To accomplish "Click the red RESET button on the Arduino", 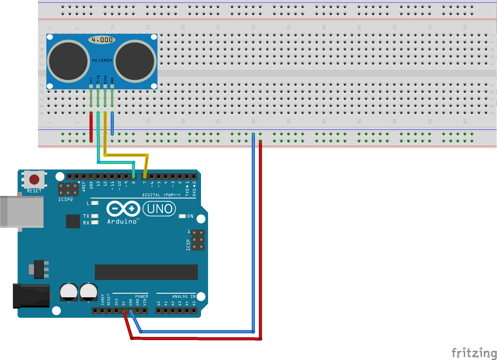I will click(x=34, y=179).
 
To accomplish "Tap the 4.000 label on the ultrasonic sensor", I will click(x=102, y=40).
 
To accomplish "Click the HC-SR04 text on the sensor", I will click(x=102, y=60).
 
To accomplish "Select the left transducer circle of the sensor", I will click(x=68, y=61).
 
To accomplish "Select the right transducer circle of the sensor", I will click(x=135, y=61).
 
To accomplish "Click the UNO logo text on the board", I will click(x=159, y=209).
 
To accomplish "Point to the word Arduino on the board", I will click(x=122, y=221).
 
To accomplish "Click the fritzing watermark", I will click(x=474, y=353).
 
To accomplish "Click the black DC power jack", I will click(x=31, y=296).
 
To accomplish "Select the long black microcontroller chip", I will click(x=146, y=272).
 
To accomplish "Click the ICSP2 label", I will click(x=66, y=199).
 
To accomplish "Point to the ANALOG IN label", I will click(x=184, y=297).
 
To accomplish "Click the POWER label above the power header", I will click(x=142, y=297).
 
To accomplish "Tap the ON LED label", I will click(x=190, y=216).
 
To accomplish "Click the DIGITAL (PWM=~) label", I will click(x=161, y=195).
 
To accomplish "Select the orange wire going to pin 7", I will click(x=126, y=155).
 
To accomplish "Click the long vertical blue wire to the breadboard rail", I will click(x=253, y=233).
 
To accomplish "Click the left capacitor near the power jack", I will click(x=69, y=292).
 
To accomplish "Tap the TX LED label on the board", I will click(x=86, y=216).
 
